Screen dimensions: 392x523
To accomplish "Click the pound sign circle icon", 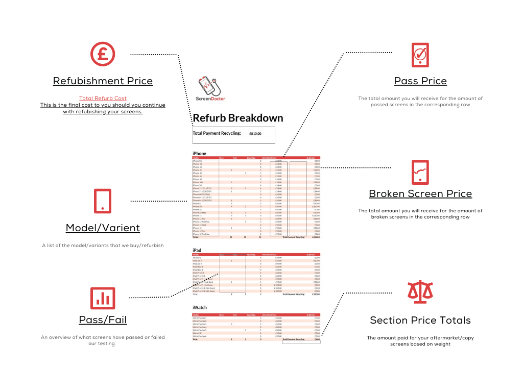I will [x=103, y=54].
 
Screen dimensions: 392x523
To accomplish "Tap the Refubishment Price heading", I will [x=103, y=81].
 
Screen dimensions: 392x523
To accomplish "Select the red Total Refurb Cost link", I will [x=103, y=98].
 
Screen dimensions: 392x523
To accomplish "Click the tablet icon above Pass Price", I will [x=420, y=55].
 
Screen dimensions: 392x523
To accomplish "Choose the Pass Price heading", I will [x=420, y=81].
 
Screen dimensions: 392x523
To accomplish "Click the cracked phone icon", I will [x=420, y=173].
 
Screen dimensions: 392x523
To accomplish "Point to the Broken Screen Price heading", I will [x=420, y=194].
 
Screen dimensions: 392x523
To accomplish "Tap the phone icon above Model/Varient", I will [x=103, y=201].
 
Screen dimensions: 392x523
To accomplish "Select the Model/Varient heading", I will [x=103, y=228].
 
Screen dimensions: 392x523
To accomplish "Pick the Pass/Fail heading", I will [x=103, y=320].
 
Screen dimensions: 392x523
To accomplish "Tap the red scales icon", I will [x=420, y=291].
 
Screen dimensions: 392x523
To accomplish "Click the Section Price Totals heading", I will [x=420, y=321].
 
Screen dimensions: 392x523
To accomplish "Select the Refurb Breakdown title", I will [x=237, y=118].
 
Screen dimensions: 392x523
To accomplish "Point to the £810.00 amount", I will [x=255, y=134].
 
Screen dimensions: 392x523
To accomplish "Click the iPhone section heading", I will [x=199, y=153].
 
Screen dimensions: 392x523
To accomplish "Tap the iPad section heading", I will [x=197, y=250].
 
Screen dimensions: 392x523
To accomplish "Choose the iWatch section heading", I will [x=200, y=308].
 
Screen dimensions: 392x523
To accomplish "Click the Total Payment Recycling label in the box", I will [x=217, y=133].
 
